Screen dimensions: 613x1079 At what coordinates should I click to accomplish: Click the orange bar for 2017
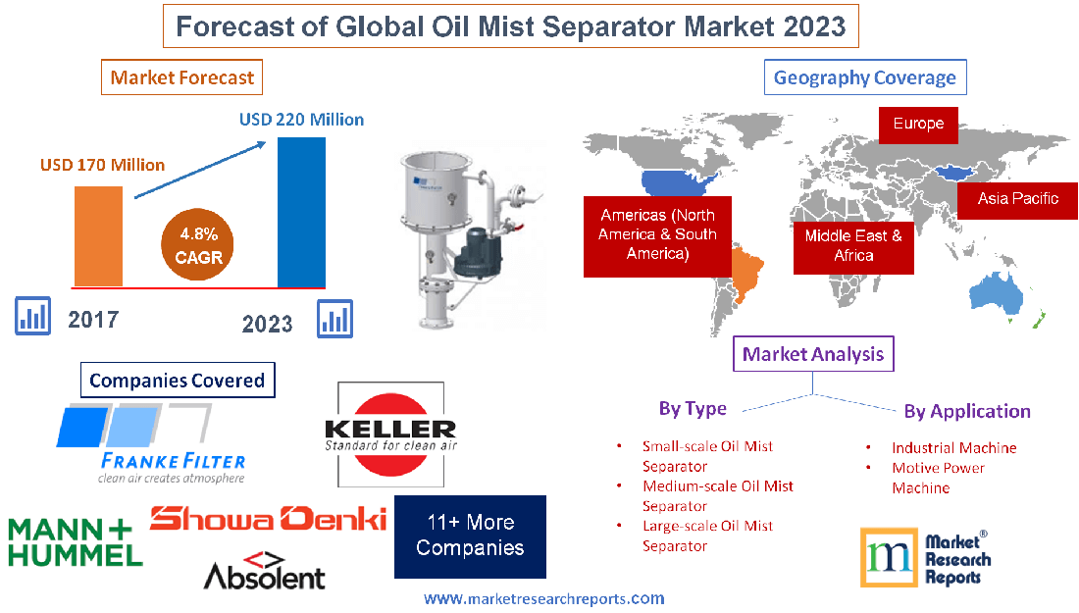click(x=99, y=235)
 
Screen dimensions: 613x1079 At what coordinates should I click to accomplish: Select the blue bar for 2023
click(x=301, y=212)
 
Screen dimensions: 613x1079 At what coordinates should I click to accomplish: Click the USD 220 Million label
click(x=301, y=120)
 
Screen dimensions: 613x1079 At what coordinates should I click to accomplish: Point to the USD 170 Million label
click(x=102, y=165)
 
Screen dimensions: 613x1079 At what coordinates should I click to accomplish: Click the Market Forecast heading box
click(x=181, y=77)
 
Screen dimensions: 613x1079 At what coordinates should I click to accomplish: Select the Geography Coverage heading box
click(x=864, y=77)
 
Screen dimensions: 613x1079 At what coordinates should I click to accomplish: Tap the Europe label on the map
click(x=918, y=124)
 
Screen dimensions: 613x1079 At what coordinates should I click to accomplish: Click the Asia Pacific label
click(x=1017, y=198)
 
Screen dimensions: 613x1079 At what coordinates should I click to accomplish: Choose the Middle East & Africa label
click(x=853, y=245)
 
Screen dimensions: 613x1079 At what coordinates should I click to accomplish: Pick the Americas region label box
click(x=657, y=234)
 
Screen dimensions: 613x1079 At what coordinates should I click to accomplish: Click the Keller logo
click(x=389, y=434)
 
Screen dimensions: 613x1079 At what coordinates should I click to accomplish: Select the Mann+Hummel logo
click(x=75, y=541)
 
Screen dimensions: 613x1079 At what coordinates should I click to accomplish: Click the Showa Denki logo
click(x=268, y=518)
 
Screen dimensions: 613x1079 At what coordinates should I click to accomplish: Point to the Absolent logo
click(x=264, y=571)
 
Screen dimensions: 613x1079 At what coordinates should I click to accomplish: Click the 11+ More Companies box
click(x=470, y=536)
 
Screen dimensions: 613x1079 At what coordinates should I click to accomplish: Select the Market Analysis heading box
click(x=814, y=354)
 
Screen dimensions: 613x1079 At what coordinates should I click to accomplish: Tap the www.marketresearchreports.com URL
click(x=543, y=598)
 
